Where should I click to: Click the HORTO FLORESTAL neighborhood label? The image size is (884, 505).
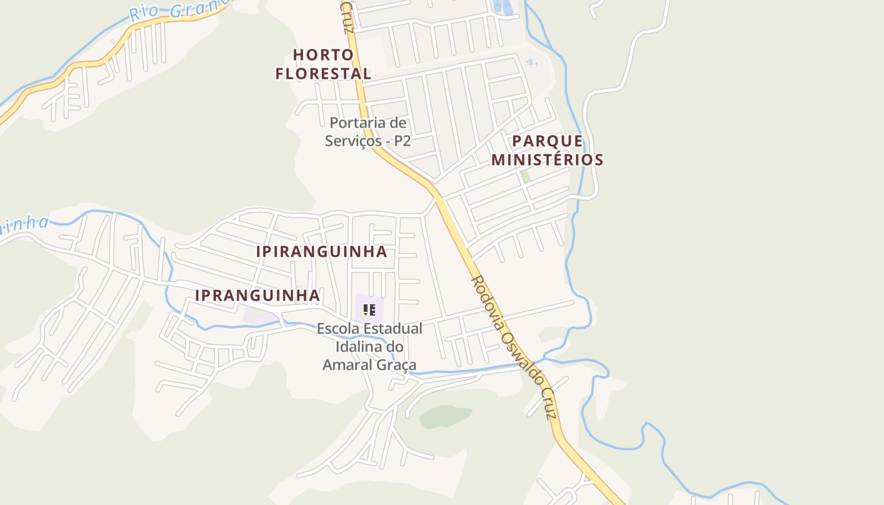tap(323, 64)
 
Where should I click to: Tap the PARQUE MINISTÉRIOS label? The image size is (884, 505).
tap(547, 150)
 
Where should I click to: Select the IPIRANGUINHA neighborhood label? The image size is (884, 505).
tap(321, 251)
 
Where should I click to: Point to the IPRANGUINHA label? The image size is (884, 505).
tap(257, 295)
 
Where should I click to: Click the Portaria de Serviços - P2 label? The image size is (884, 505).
tap(368, 131)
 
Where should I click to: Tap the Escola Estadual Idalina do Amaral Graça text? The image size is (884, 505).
tap(369, 347)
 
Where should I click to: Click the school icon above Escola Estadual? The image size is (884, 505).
tap(369, 309)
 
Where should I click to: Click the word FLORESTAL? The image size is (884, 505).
tap(323, 73)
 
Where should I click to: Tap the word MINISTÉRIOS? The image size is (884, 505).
tap(547, 160)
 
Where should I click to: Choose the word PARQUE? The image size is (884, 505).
tap(547, 141)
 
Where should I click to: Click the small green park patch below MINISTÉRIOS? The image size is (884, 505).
tap(525, 175)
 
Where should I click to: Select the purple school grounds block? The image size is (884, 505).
tap(369, 307)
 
